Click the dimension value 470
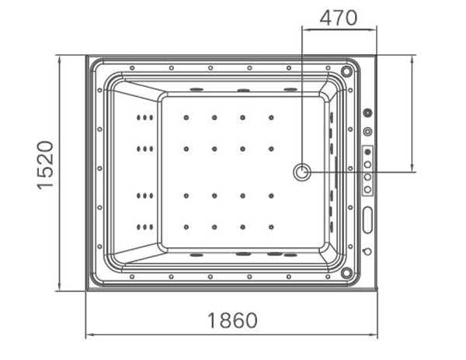click(338, 18)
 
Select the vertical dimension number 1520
click(45, 165)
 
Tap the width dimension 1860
click(232, 320)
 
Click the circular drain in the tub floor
click(302, 172)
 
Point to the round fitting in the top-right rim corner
click(346, 71)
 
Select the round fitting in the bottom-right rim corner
click(346, 272)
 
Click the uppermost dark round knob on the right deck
click(367, 112)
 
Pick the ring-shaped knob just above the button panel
click(367, 131)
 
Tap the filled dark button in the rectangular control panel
click(367, 151)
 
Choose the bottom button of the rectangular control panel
click(367, 189)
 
